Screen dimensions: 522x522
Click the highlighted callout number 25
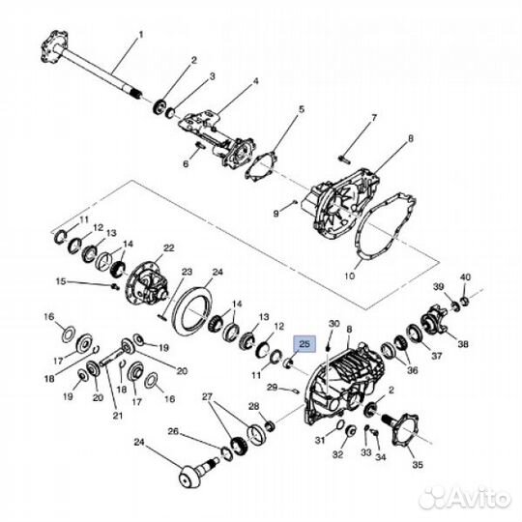(304, 344)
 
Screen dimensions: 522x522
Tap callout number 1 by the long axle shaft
(140, 35)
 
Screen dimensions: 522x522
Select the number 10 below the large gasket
(350, 275)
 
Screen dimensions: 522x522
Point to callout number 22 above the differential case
(168, 248)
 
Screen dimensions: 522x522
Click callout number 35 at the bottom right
(418, 464)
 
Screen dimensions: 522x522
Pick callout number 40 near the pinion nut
(465, 277)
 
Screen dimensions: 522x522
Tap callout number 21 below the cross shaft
(117, 416)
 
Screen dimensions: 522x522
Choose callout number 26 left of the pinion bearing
(173, 431)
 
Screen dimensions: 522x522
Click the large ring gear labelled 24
(192, 310)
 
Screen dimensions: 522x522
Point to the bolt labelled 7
(344, 159)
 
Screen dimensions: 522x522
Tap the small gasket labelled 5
(260, 166)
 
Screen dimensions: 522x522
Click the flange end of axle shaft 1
(54, 46)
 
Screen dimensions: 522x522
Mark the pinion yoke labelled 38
(433, 319)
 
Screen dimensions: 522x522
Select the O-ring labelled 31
(339, 424)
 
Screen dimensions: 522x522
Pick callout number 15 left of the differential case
(61, 281)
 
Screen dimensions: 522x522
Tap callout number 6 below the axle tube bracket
(186, 163)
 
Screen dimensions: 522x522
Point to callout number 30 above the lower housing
(333, 324)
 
